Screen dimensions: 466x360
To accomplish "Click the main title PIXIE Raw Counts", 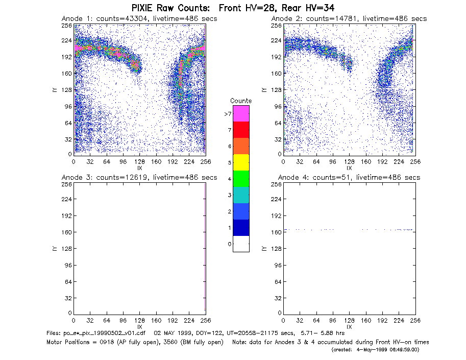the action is click(170, 8).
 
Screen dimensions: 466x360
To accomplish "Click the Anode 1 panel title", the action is click(139, 19).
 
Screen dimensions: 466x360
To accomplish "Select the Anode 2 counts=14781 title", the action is click(349, 19).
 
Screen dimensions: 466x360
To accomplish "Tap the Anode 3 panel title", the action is click(139, 178).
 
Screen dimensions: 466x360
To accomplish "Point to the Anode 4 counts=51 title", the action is click(349, 178).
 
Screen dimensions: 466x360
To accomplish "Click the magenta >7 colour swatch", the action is click(241, 113).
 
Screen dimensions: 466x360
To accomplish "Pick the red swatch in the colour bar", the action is click(241, 130).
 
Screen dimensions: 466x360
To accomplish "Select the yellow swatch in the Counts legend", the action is click(241, 162).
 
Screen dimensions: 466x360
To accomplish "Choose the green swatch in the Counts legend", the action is click(241, 179).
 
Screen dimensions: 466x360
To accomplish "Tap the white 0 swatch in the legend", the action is click(241, 244).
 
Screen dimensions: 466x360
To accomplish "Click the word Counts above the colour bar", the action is click(241, 101).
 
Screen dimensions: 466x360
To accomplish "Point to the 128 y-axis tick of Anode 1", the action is click(67, 90).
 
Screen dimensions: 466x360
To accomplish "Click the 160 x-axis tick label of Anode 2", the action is click(366, 162).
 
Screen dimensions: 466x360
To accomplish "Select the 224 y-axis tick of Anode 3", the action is click(67, 199).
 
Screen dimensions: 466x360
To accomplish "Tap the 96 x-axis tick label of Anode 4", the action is click(333, 321).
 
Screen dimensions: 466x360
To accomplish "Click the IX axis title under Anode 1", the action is click(140, 169).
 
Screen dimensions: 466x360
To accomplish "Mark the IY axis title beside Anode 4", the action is click(263, 249).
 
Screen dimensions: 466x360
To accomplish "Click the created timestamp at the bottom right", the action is click(375, 350).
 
